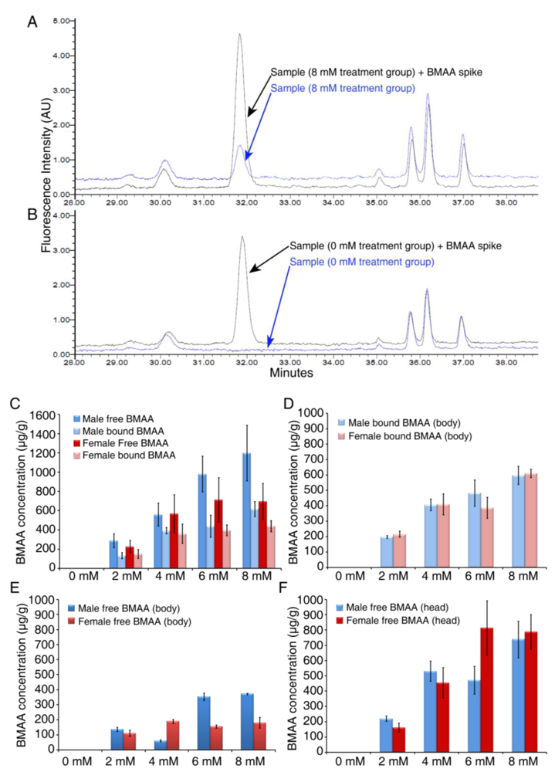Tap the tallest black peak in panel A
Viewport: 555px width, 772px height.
[240, 36]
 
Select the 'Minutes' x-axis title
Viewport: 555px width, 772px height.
[291, 372]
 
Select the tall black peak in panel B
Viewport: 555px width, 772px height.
[242, 239]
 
